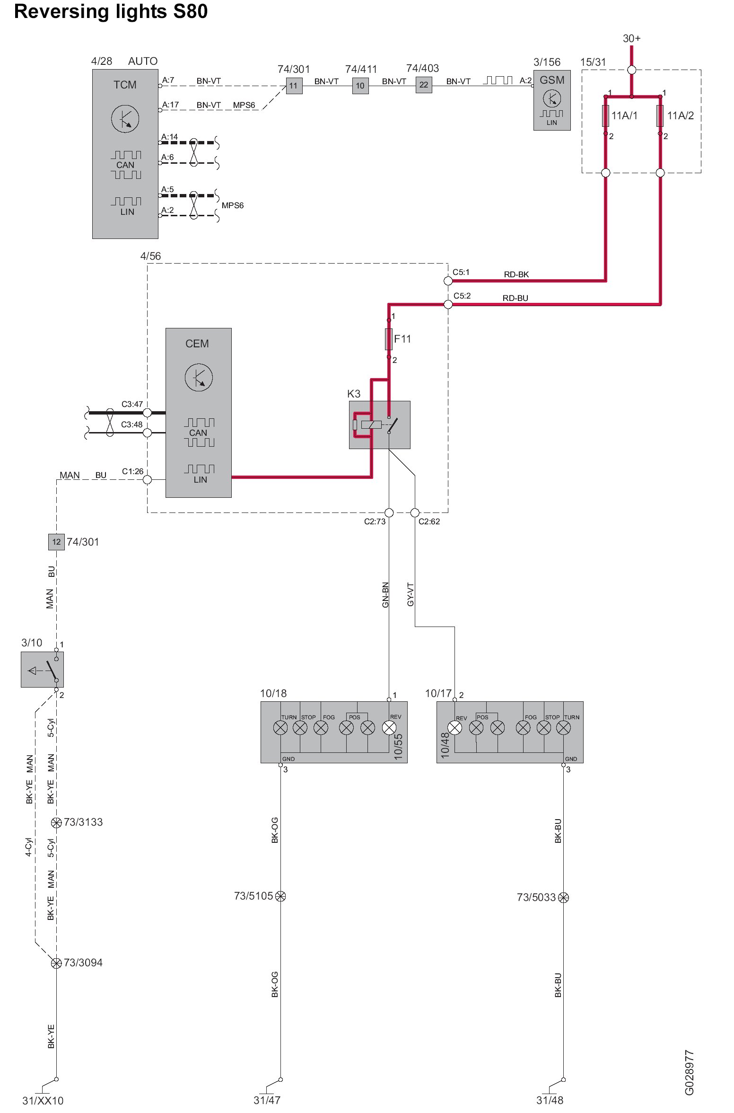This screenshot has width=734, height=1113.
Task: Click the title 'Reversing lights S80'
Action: (x=111, y=11)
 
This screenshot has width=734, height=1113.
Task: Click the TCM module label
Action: (x=125, y=85)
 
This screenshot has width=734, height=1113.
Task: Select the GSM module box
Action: (x=551, y=100)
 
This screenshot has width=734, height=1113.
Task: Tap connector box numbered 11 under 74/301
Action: (x=294, y=86)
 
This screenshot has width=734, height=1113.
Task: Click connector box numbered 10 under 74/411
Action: (x=360, y=86)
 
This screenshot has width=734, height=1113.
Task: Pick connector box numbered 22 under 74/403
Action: (x=424, y=85)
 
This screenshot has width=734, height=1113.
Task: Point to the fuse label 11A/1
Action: (x=624, y=115)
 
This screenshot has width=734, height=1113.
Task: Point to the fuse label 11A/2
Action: (x=680, y=115)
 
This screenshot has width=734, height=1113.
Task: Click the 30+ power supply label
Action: (x=631, y=38)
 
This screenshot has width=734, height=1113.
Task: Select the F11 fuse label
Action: (x=402, y=339)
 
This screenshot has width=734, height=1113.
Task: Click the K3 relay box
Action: (x=379, y=424)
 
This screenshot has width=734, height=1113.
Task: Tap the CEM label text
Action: (x=197, y=344)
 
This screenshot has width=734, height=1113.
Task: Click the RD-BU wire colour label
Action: (x=515, y=298)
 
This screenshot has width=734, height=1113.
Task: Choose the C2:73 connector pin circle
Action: (x=389, y=512)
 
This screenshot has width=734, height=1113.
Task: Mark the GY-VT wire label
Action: (x=411, y=594)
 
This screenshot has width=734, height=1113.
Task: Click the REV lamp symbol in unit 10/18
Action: (x=389, y=727)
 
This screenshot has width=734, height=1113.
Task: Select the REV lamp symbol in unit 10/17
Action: (x=455, y=727)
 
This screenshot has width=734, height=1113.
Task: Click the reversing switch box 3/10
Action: (x=42, y=670)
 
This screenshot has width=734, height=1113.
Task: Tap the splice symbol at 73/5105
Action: (x=280, y=896)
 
